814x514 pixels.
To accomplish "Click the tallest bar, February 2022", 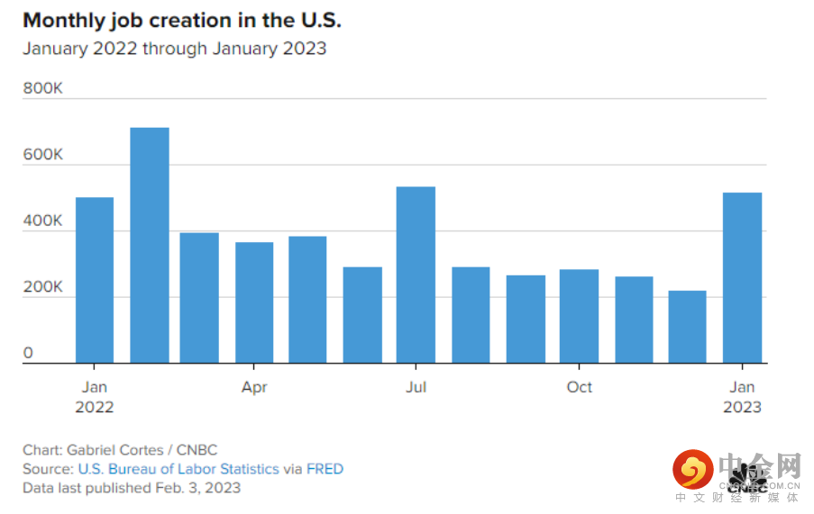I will click(x=150, y=246).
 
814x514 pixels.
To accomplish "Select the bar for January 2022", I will click(x=95, y=280).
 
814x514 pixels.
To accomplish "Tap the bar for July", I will click(x=416, y=275).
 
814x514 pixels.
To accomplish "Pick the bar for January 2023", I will click(x=742, y=278).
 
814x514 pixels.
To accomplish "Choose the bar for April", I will click(x=254, y=302).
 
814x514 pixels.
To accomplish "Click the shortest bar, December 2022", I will click(x=687, y=327).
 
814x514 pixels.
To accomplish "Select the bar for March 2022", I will click(x=199, y=298).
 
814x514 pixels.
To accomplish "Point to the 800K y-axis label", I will click(x=42, y=89).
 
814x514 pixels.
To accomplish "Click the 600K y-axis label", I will click(x=42, y=155).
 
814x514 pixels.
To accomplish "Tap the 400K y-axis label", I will click(x=42, y=221).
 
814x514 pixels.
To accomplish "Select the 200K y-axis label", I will click(x=42, y=288).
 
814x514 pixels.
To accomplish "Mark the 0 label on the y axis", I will click(x=28, y=354).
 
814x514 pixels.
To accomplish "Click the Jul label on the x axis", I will click(x=416, y=387).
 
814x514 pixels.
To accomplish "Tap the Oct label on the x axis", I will click(x=579, y=387).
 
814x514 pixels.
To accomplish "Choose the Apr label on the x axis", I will click(x=254, y=387).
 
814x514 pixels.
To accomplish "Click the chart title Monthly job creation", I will click(x=181, y=21).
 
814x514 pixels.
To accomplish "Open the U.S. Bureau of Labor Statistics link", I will click(x=178, y=469).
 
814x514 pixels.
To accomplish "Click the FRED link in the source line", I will click(x=325, y=469).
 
